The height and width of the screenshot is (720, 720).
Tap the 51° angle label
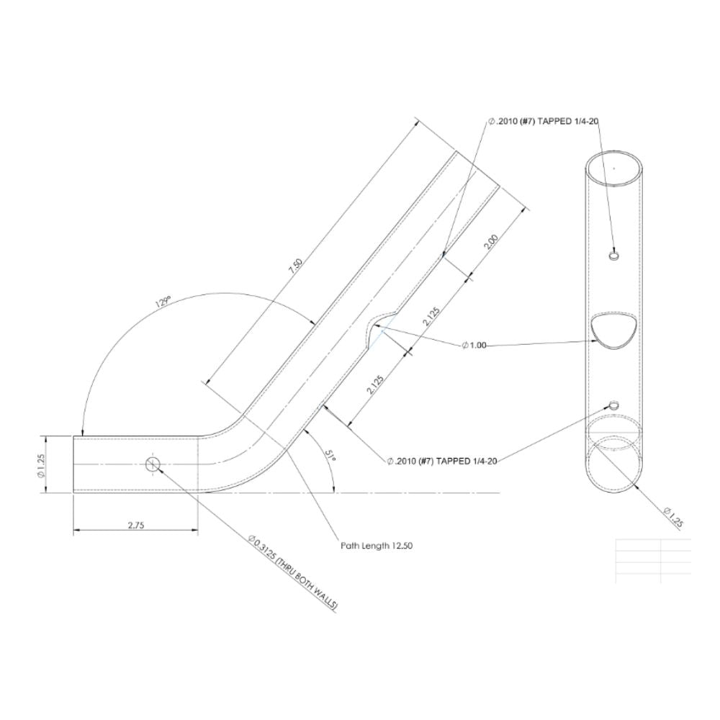pyautogui.click(x=330, y=456)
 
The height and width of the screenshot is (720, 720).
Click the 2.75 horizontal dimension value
pyautogui.click(x=136, y=526)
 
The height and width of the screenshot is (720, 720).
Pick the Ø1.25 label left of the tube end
pyautogui.click(x=41, y=464)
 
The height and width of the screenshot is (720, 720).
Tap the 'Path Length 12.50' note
pyautogui.click(x=377, y=546)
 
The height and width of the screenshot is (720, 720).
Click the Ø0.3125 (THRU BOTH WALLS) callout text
pyautogui.click(x=292, y=573)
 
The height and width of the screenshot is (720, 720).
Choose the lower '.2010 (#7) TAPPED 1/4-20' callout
pyautogui.click(x=443, y=460)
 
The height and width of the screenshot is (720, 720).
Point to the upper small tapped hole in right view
pyautogui.click(x=613, y=256)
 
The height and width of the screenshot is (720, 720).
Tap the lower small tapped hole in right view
pyautogui.click(x=613, y=405)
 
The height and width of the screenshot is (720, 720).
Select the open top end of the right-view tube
pyautogui.click(x=613, y=167)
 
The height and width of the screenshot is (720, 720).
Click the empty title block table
pyautogui.click(x=653, y=560)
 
